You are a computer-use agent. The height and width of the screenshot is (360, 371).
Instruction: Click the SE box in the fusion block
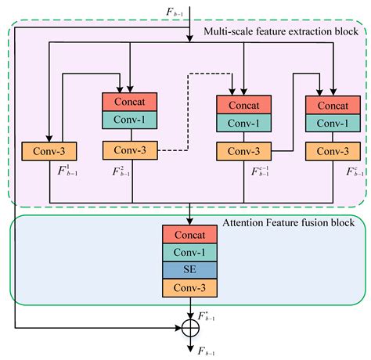pos(189,269)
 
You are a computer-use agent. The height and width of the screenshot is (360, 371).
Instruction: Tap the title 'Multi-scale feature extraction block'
pos(282,31)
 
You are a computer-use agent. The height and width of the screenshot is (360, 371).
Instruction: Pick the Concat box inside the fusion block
pos(189,234)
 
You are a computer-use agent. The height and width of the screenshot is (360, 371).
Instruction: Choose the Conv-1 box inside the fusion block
pos(189,251)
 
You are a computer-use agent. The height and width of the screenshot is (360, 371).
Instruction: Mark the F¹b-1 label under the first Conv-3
pos(69,171)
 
